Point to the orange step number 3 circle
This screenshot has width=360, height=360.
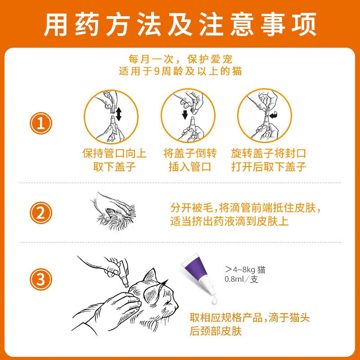pyautogui.click(x=41, y=280)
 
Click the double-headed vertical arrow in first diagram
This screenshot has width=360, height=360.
pyautogui.click(x=118, y=114)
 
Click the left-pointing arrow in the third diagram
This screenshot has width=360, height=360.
pyautogui.click(x=273, y=116)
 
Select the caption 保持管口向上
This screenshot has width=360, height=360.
pyautogui.click(x=114, y=153)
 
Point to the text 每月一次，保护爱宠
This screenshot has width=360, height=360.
pyautogui.click(x=180, y=59)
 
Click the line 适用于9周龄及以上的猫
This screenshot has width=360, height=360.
pyautogui.click(x=180, y=71)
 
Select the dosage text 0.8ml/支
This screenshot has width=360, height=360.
pyautogui.click(x=241, y=279)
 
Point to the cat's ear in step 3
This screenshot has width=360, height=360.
pyautogui.click(x=151, y=277)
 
